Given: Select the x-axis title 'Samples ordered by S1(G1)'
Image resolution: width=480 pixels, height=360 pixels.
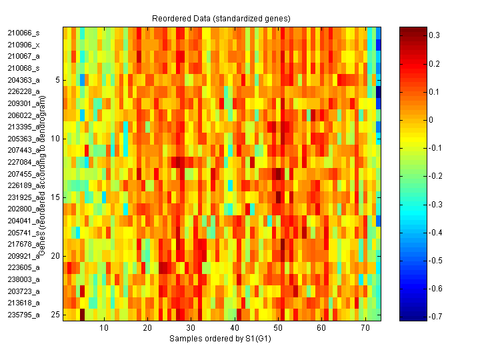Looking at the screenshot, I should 222,339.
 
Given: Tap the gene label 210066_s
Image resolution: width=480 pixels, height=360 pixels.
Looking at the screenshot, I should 24,33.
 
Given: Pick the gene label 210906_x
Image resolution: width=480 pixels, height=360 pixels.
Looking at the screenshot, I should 24,45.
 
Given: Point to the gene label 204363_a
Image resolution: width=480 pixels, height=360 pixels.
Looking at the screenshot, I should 24,80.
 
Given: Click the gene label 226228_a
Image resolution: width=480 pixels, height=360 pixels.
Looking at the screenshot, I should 24,91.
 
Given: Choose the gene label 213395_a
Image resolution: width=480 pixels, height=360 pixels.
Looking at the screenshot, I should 24,127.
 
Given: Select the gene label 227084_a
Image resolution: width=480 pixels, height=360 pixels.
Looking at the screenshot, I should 24,162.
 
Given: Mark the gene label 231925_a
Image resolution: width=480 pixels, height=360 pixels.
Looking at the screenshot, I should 24,197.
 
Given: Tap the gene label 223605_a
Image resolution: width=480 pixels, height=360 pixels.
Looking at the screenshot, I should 24,267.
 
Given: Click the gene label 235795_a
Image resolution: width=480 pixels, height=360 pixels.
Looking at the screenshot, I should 24,315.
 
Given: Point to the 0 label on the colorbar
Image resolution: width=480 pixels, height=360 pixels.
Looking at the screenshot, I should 429,120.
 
